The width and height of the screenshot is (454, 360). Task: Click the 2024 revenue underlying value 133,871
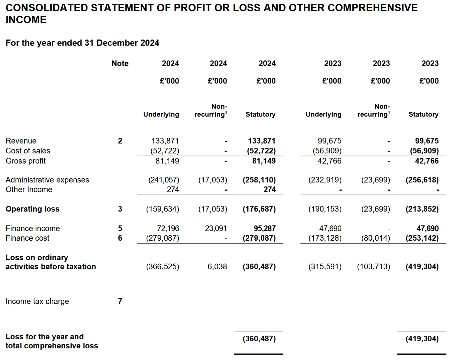165,141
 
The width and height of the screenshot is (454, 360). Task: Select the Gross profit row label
25,161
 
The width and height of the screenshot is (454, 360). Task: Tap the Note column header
120,63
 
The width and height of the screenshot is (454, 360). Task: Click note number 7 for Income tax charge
120,301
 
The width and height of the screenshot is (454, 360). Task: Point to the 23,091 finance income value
216,228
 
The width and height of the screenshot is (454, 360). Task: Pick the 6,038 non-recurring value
217,266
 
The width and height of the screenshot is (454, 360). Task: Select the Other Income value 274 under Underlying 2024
173,189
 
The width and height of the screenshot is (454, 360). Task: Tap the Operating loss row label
33,209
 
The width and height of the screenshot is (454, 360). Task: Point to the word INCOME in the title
26,20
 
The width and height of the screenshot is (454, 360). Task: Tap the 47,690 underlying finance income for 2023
330,228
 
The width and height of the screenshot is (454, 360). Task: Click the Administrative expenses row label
47,180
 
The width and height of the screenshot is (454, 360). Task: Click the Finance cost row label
27,238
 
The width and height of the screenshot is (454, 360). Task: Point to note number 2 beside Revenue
120,141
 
